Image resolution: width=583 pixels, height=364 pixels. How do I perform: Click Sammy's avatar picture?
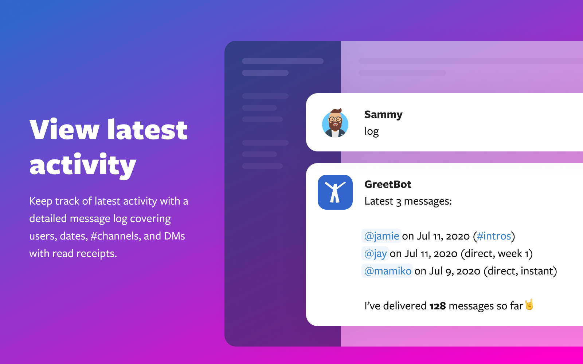click(x=335, y=123)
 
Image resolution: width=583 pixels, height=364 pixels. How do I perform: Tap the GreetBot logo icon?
click(x=335, y=192)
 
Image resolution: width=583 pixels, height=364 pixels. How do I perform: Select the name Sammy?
click(x=383, y=115)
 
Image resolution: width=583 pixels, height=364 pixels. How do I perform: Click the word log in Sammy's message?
click(x=371, y=131)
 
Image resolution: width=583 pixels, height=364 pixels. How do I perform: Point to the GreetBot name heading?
click(x=388, y=184)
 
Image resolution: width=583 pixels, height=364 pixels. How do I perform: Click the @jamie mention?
click(x=381, y=236)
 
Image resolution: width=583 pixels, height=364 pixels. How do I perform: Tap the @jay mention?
click(x=375, y=253)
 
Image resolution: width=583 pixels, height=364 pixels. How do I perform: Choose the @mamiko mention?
click(x=387, y=271)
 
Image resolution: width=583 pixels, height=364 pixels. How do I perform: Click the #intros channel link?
click(x=494, y=236)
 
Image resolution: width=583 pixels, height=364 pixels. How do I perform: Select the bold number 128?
click(x=438, y=306)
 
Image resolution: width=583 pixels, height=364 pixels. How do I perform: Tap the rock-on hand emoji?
click(x=529, y=304)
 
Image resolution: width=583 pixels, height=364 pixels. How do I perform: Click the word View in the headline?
click(x=64, y=130)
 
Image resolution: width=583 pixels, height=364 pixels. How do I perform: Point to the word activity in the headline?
click(x=83, y=166)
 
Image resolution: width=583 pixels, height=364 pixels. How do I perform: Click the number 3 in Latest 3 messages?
click(x=398, y=202)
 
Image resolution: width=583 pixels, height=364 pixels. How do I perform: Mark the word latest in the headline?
click(x=147, y=130)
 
